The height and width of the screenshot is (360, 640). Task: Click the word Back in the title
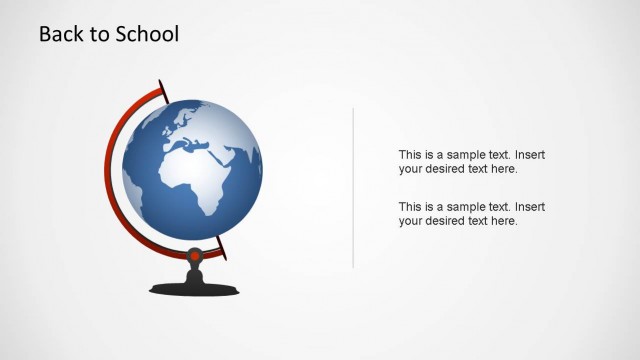pyautogui.click(x=61, y=34)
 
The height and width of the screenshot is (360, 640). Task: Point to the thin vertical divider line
pyautogui.click(x=353, y=187)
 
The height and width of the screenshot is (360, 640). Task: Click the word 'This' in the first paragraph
pyautogui.click(x=411, y=155)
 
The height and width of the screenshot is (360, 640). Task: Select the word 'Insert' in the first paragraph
pyautogui.click(x=529, y=155)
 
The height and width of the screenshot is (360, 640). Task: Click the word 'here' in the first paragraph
pyautogui.click(x=504, y=169)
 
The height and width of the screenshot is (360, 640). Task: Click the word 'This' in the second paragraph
pyautogui.click(x=411, y=207)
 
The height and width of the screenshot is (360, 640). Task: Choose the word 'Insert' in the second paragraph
pyautogui.click(x=529, y=207)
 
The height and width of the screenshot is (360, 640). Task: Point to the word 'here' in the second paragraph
pyautogui.click(x=504, y=221)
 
